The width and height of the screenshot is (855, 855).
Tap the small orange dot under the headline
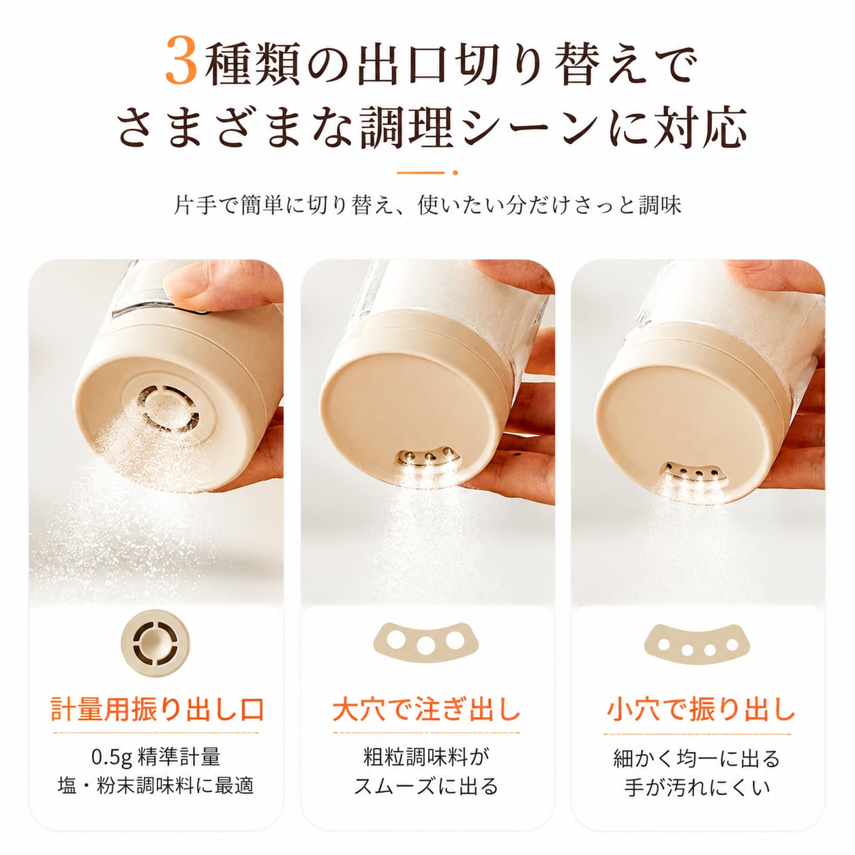pos(455,172)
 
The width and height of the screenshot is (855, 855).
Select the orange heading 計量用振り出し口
pos(157,710)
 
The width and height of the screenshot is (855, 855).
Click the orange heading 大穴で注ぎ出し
pos(426,710)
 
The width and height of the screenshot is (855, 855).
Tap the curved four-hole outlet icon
pos(697,644)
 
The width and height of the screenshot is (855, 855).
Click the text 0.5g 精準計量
pos(155,757)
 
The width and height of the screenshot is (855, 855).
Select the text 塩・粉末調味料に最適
pos(155,786)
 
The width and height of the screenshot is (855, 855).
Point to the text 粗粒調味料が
pos(426,757)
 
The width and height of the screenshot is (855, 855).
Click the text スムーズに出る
pos(426,786)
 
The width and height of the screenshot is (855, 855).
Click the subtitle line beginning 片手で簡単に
pos(427,205)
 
